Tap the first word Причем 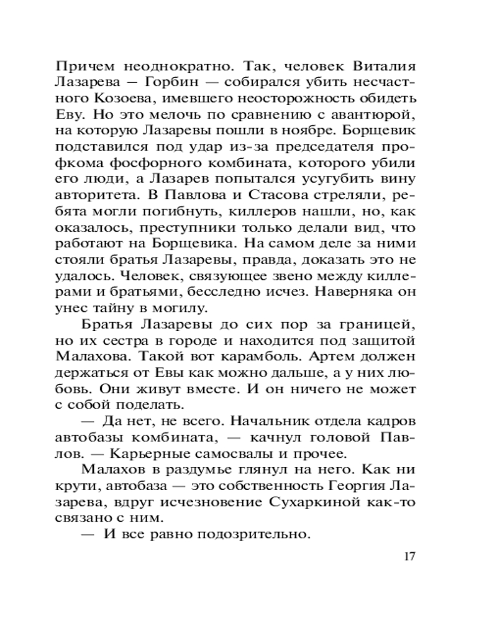click(x=85, y=66)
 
